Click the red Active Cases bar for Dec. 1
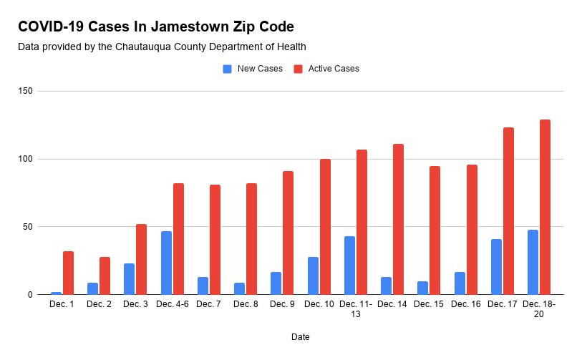pos(68,273)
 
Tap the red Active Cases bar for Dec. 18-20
pos(545,207)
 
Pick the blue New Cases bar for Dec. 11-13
pos(349,266)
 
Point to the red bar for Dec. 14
pos(398,219)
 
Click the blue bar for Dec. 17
pos(496,267)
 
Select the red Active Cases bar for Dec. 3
pos(142,259)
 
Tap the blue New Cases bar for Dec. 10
pos(313,276)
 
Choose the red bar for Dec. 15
pos(435,230)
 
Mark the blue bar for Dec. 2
pos(92,288)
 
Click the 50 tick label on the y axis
pos(27,227)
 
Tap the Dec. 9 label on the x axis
pos(281,305)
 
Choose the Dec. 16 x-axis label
pos(465,305)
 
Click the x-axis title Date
pos(301,336)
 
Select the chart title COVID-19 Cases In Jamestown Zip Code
pos(155,27)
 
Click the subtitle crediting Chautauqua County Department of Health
pos(162,47)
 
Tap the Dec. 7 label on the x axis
pos(208,305)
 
